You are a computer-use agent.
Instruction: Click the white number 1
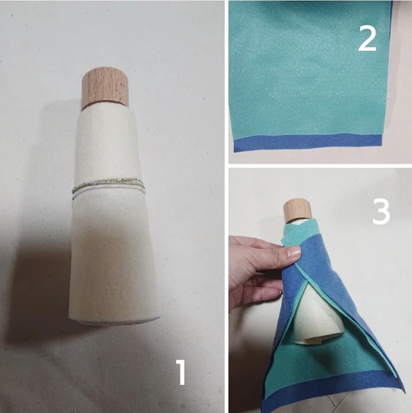click(181, 372)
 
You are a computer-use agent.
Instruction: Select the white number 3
click(381, 212)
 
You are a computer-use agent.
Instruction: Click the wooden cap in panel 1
click(105, 88)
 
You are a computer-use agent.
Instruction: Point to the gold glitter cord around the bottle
click(108, 184)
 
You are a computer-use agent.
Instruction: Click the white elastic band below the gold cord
click(108, 192)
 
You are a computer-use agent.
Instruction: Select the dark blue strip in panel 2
click(308, 143)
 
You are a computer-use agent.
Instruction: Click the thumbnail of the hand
click(293, 252)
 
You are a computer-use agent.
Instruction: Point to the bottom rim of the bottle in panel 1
click(115, 321)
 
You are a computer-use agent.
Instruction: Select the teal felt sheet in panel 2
click(309, 69)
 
